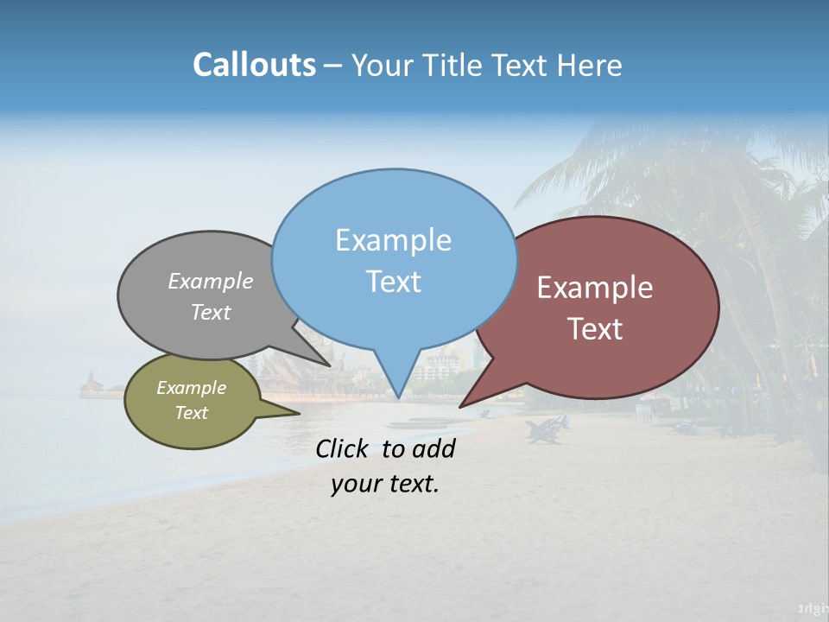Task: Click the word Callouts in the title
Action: click(254, 66)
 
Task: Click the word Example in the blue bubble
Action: click(393, 240)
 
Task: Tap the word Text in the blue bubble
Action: click(393, 282)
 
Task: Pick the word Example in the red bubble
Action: click(595, 288)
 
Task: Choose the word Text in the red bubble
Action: click(595, 329)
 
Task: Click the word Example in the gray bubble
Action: click(211, 282)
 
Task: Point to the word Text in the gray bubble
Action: click(211, 312)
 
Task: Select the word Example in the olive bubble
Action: click(191, 388)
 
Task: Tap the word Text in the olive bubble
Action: click(191, 413)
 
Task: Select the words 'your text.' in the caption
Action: click(385, 484)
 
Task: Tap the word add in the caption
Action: click(433, 448)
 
